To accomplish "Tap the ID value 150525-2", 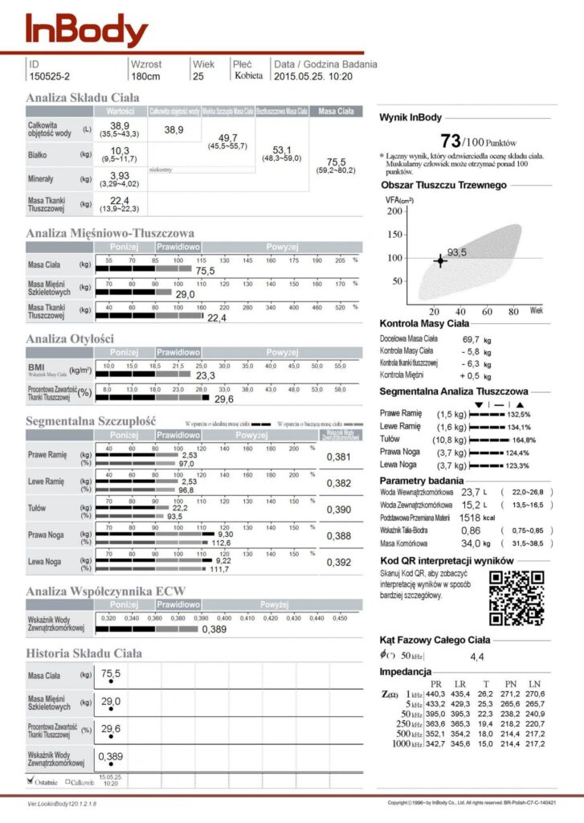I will [x=49, y=76].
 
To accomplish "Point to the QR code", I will [x=517, y=597].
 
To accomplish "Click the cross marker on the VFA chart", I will [x=439, y=260].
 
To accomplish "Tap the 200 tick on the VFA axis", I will [x=394, y=211].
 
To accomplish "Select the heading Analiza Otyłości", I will [x=70, y=338].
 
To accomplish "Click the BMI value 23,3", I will [x=206, y=375].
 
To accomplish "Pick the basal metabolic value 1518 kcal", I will [x=480, y=518].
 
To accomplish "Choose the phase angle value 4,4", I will [x=477, y=657].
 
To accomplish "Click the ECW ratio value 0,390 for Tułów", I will [x=338, y=510].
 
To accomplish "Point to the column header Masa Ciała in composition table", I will [x=336, y=111].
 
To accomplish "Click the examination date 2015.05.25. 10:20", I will [x=313, y=76].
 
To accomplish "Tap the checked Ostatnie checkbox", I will [x=31, y=780].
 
